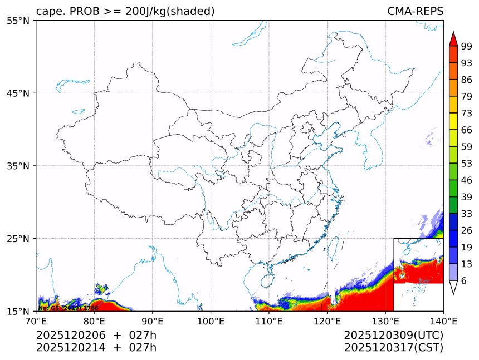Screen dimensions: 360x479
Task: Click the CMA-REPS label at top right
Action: click(x=415, y=11)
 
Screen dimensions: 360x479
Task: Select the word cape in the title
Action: click(x=47, y=12)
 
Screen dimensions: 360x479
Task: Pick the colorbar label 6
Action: click(x=465, y=281)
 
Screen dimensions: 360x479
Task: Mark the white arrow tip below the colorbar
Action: click(x=453, y=288)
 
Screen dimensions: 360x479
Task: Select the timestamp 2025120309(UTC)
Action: click(x=393, y=335)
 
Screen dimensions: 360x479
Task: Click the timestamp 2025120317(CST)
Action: click(x=393, y=348)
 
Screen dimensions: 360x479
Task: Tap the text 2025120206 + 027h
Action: click(x=96, y=335)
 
